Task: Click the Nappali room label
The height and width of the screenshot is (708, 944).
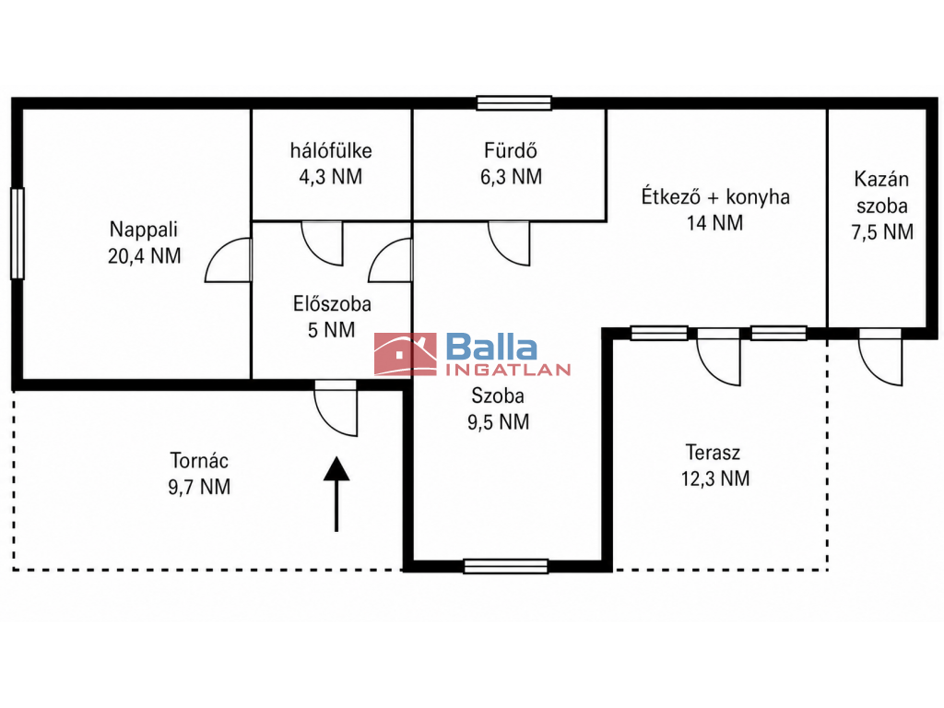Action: [x=143, y=230]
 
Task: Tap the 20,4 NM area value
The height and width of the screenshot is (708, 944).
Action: [x=145, y=256]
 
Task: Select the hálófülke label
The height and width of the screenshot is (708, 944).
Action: [x=331, y=150]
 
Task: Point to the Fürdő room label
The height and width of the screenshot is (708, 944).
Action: [x=511, y=150]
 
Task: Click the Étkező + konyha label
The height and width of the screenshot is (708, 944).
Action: [x=715, y=197]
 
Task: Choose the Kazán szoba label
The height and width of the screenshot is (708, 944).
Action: [x=881, y=193]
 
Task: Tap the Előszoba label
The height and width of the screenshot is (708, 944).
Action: [x=332, y=303]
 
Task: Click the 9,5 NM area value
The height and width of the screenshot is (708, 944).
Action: [x=499, y=422]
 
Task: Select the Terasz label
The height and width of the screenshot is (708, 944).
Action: [x=713, y=452]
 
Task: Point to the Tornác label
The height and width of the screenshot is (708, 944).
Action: [x=199, y=461]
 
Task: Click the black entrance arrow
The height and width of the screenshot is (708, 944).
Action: [x=336, y=494]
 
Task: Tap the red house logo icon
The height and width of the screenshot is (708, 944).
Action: [x=406, y=354]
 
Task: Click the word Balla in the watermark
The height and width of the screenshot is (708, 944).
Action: [x=491, y=348]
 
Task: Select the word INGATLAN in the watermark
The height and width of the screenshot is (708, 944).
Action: [x=508, y=369]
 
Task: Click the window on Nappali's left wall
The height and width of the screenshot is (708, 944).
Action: [x=18, y=233]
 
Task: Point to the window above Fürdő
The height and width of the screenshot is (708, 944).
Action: [x=514, y=103]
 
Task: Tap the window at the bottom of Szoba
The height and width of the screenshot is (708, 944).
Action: [x=506, y=566]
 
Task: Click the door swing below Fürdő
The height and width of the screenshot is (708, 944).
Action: [x=509, y=243]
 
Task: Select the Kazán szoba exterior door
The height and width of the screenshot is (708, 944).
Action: [x=880, y=357]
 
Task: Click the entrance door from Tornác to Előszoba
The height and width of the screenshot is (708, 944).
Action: [x=336, y=408]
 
